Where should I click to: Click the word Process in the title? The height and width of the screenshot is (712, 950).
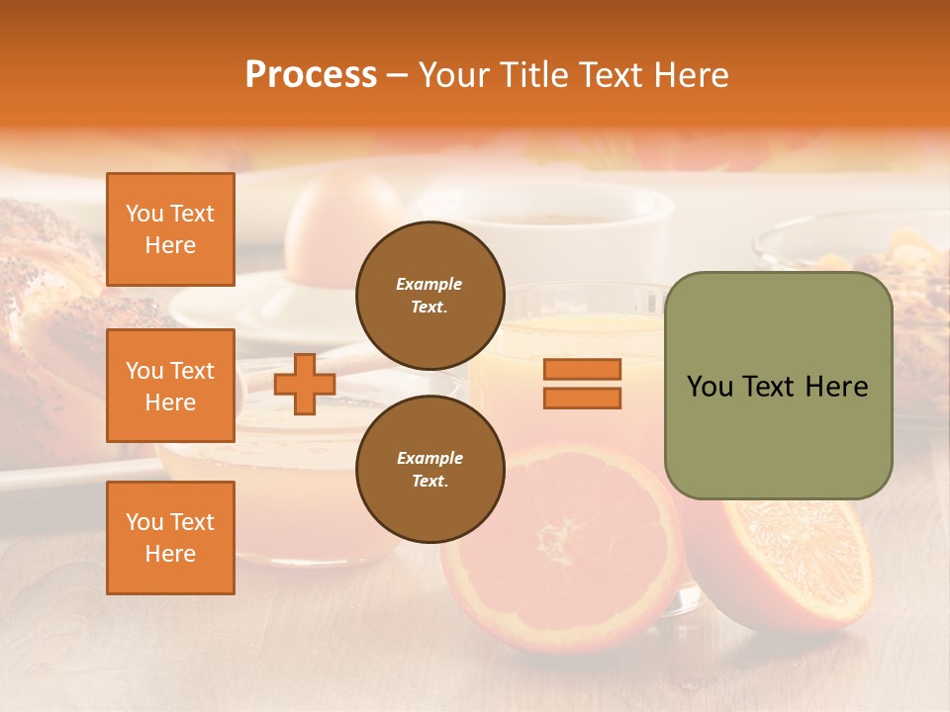coord(311,75)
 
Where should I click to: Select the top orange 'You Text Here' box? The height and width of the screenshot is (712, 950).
coord(170,229)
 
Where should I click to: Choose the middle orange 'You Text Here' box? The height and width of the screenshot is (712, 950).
coord(170,386)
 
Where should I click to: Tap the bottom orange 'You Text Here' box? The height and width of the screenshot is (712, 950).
coord(170,537)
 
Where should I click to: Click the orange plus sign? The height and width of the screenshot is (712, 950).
coord(304,384)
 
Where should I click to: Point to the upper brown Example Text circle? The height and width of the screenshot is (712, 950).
coord(429,295)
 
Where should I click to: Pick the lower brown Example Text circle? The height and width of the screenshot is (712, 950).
coord(429,469)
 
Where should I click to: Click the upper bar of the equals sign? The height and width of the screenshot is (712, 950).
coord(582,370)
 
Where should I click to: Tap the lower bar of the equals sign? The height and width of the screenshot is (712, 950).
coord(582,398)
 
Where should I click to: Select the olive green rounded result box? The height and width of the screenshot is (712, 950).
coord(778,386)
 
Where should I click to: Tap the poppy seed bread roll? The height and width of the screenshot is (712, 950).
coord(45,297)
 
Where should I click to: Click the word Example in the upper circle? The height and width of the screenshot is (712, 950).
coord(429,284)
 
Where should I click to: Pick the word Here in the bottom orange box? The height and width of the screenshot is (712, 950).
coord(170,554)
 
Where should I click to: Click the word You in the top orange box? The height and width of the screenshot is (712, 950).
coord(144,214)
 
